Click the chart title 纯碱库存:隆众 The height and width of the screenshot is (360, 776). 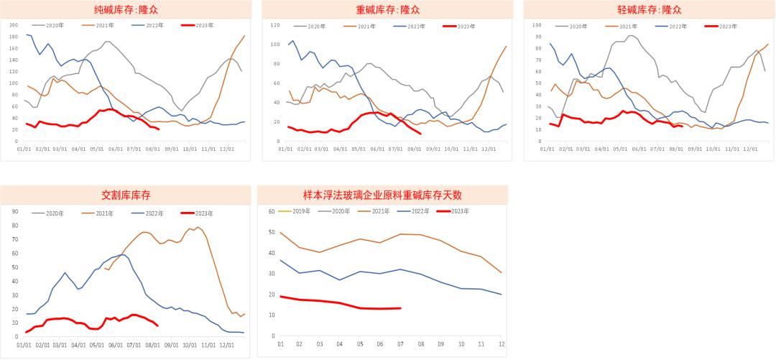[x=125, y=9]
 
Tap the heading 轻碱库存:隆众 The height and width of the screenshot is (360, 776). [x=649, y=9]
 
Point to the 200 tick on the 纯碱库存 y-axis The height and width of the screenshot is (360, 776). [x=13, y=25]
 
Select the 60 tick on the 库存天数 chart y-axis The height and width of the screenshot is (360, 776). [x=272, y=211]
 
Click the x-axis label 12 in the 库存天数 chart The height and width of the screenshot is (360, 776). [x=501, y=344]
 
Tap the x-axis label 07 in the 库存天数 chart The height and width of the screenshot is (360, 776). [x=400, y=344]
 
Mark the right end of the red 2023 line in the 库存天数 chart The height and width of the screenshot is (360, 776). [x=400, y=308]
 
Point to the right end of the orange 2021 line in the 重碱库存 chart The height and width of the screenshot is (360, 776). [x=506, y=46]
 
